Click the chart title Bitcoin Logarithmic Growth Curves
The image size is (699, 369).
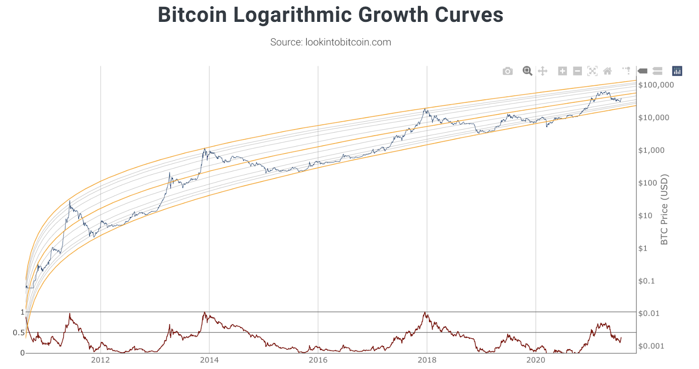[x=330, y=15]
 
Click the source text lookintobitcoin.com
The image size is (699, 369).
[x=330, y=42]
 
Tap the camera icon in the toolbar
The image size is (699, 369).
[x=507, y=71]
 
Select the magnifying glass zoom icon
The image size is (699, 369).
[x=527, y=71]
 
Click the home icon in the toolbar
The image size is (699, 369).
[x=607, y=71]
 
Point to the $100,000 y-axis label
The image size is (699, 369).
[x=656, y=85]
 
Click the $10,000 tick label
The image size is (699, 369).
[x=654, y=117]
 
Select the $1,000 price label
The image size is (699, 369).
[x=651, y=150]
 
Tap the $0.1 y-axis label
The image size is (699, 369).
[x=647, y=281]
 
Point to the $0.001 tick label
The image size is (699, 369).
[x=651, y=346]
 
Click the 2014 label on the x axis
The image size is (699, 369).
[x=209, y=360]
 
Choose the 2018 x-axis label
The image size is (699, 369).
[x=427, y=360]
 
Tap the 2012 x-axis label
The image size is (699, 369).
[x=100, y=360]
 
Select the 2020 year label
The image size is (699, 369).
[x=536, y=360]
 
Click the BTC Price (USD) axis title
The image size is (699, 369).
[x=664, y=210]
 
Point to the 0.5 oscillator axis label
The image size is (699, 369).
[x=18, y=333]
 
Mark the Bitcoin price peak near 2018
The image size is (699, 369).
[x=425, y=109]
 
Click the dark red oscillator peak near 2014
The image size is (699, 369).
[x=204, y=313]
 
